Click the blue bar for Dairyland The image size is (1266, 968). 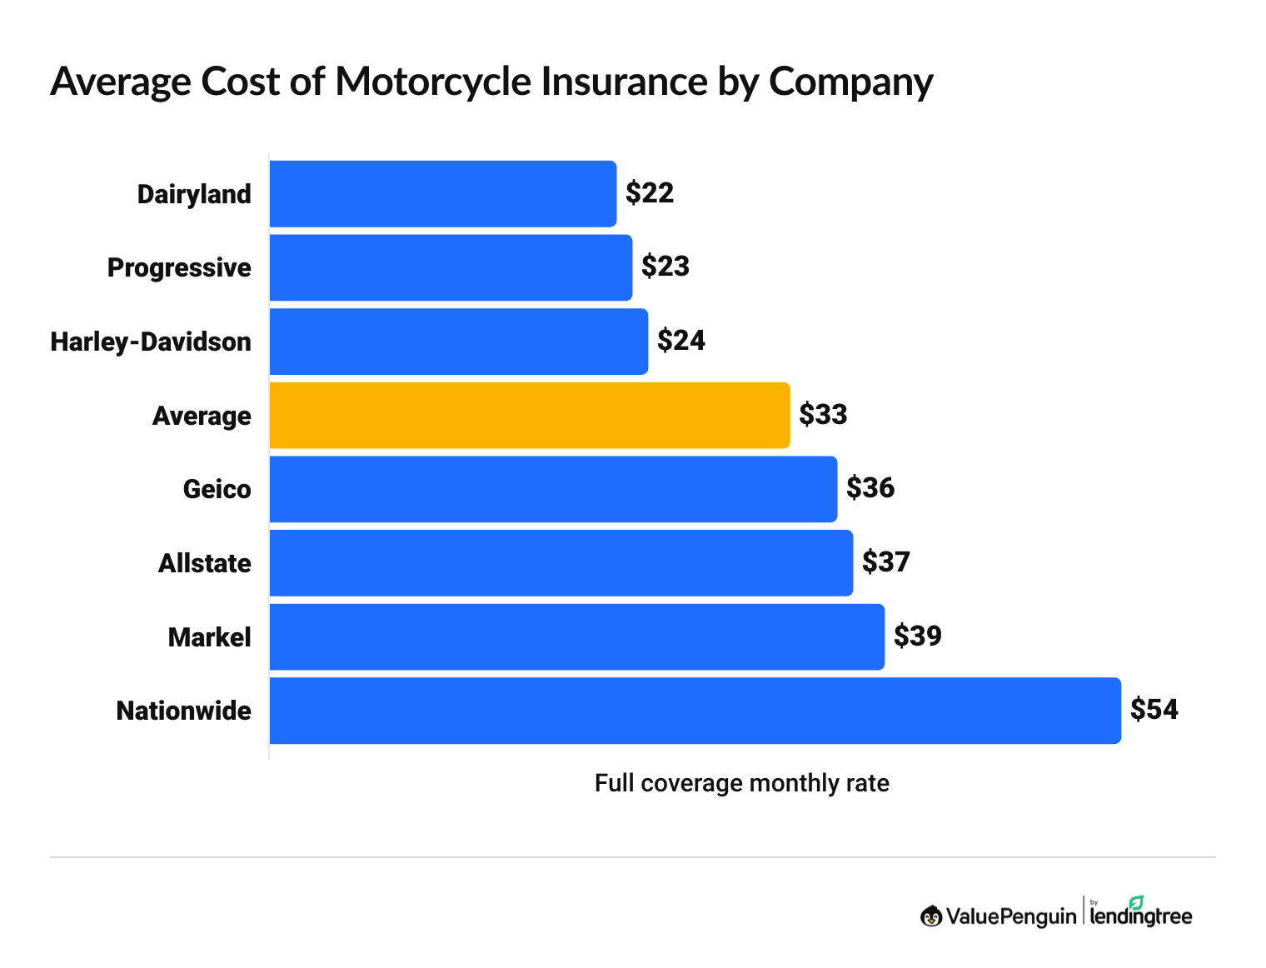[442, 193]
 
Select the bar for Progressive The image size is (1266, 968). [451, 267]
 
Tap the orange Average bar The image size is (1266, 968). [529, 415]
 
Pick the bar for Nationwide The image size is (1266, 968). [695, 711]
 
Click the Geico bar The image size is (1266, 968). [553, 489]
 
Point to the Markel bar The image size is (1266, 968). [576, 636]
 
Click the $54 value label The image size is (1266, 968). [1154, 710]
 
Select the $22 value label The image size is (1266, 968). [650, 193]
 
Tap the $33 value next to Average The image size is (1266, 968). [823, 415]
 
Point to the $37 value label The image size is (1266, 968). [886, 562]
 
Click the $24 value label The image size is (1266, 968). [681, 341]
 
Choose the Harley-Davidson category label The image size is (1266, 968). [151, 342]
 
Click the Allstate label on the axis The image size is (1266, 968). [205, 563]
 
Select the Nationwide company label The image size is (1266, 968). [183, 711]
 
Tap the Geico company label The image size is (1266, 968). [217, 489]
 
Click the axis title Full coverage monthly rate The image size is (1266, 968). [741, 783]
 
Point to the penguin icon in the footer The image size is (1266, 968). [931, 916]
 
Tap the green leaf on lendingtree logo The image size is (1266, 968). [1136, 902]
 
